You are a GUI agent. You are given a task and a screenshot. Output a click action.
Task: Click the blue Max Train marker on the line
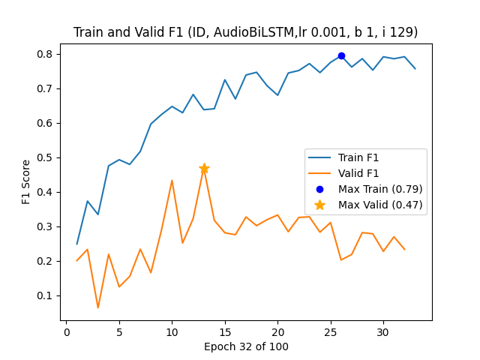click(x=341, y=55)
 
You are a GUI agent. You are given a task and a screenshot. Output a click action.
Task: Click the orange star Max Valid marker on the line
click(x=204, y=169)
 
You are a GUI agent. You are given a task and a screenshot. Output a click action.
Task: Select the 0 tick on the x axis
click(x=66, y=332)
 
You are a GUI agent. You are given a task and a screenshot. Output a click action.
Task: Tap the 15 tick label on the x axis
click(x=225, y=332)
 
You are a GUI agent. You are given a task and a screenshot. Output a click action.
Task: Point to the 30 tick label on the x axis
click(x=383, y=332)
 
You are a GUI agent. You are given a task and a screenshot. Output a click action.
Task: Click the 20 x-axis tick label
click(x=277, y=332)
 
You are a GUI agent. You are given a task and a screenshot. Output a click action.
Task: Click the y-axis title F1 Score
click(x=26, y=181)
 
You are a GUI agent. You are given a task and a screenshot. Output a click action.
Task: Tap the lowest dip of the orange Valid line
click(x=98, y=307)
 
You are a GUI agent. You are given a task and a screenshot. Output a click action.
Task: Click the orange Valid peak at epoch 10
click(x=172, y=180)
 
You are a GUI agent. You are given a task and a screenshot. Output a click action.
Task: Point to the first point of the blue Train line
click(x=76, y=244)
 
